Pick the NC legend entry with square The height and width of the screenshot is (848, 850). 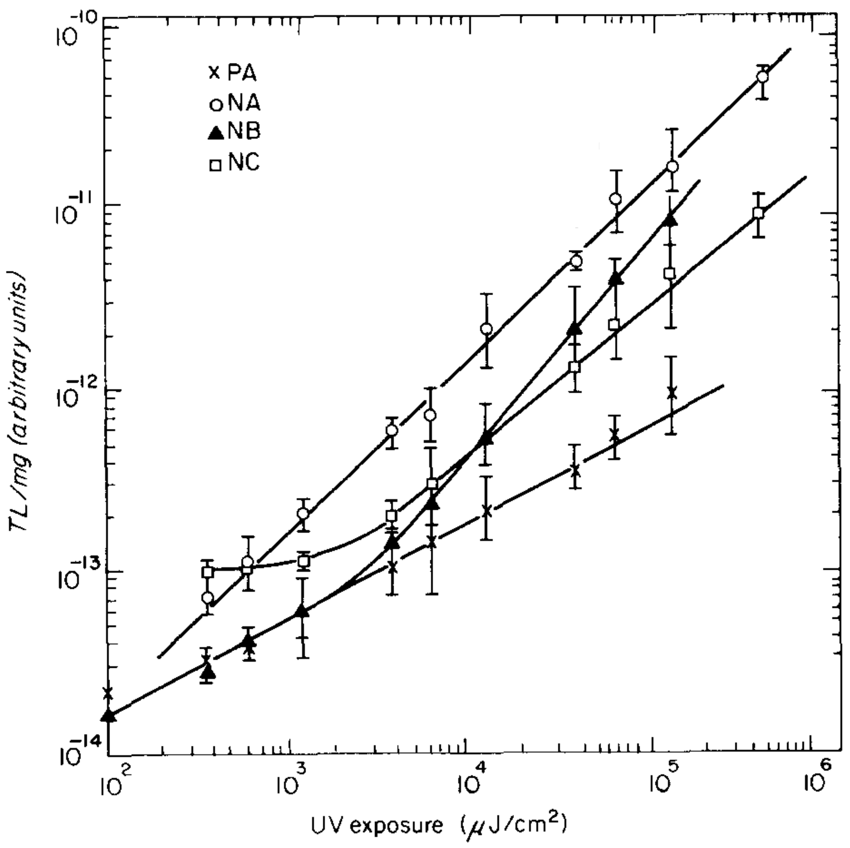(235, 164)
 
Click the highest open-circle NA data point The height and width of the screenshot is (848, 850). (762, 77)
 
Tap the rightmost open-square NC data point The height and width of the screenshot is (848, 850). (758, 213)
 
